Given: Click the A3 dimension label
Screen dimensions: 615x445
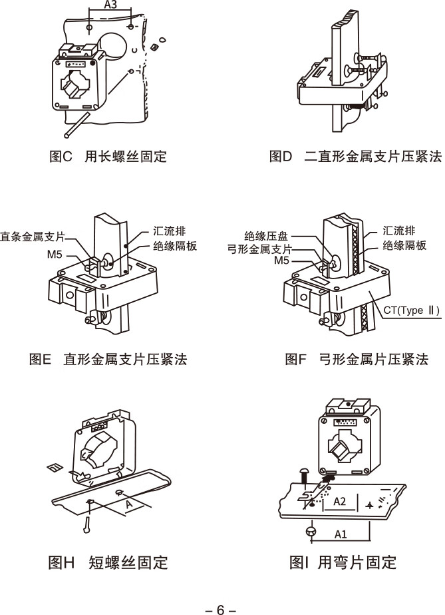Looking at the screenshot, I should (112, 5).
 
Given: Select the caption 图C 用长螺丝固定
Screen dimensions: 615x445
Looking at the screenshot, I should (108, 157).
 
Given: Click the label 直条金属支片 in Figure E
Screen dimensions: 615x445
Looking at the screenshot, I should (33, 236).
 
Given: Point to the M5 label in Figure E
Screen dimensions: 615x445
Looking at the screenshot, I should (55, 254).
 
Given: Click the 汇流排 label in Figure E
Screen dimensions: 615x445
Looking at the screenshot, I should (168, 231).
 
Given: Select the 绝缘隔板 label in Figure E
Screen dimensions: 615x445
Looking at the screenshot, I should (175, 246).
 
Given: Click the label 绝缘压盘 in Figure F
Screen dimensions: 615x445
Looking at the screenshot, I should (266, 236).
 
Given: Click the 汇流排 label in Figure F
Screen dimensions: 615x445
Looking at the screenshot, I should (400, 231).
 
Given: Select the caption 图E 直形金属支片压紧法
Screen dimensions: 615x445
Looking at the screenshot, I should (108, 360).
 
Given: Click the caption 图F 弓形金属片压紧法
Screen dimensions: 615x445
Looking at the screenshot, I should (357, 360).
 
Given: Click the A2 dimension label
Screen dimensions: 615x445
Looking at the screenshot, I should (339, 500).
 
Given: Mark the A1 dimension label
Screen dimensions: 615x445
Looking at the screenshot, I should (340, 534).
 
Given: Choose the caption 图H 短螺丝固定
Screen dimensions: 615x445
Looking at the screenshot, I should (108, 563).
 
